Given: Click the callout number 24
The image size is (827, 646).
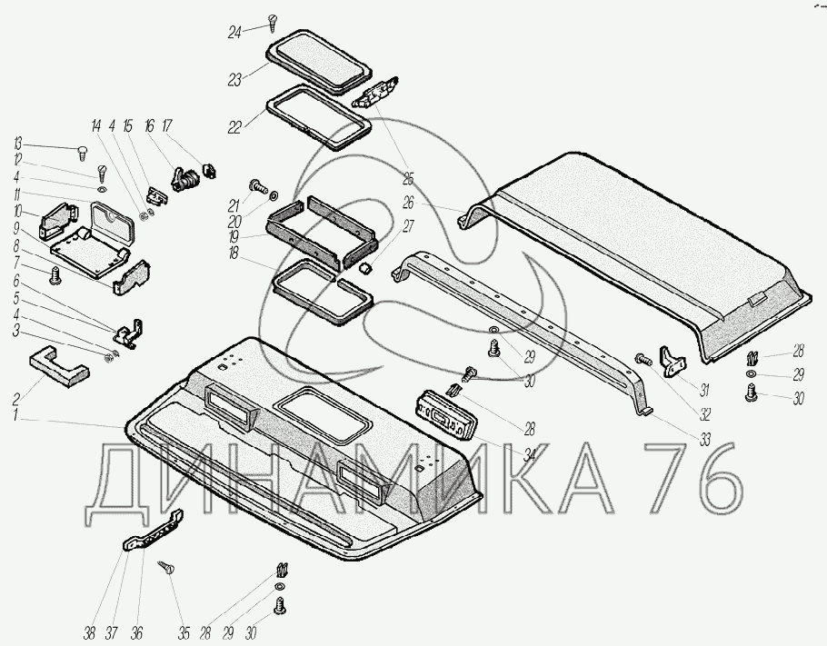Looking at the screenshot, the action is click(x=235, y=34).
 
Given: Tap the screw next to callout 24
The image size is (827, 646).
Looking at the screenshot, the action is click(x=272, y=21).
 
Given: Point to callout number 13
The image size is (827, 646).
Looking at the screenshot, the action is click(x=17, y=144).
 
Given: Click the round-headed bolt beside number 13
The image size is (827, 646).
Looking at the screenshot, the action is click(x=80, y=151).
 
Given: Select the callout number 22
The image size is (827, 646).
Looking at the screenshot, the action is click(x=235, y=127).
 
